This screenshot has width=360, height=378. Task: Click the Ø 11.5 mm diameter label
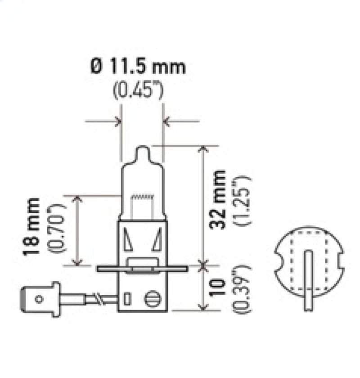pos(138,67)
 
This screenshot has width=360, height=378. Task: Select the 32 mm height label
pos(219,199)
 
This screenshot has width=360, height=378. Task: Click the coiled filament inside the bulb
pos(142,197)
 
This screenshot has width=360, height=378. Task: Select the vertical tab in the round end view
pos(309,279)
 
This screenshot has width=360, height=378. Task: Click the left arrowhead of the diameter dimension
pos(118,121)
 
